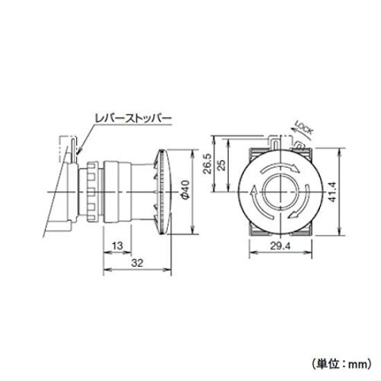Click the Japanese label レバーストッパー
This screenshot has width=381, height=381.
pyautogui.click(x=132, y=119)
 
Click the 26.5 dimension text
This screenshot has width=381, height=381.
pyautogui.click(x=206, y=163)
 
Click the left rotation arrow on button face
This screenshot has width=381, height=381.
pyautogui.click(x=255, y=201)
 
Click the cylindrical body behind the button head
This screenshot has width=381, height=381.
pyautogui.click(x=118, y=191)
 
